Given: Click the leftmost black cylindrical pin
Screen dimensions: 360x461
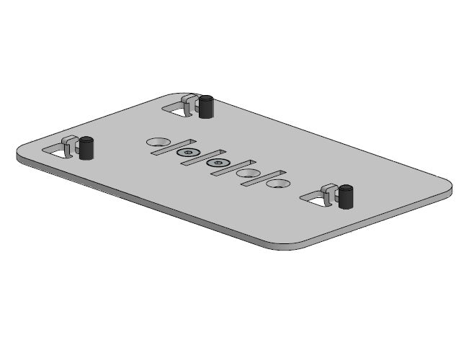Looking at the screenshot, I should point(87,148).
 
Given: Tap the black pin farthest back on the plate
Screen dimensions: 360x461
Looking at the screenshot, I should point(207,107).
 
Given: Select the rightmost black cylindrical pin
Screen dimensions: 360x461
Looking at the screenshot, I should point(346,196).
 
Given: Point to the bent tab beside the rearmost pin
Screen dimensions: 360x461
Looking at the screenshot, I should point(190,104).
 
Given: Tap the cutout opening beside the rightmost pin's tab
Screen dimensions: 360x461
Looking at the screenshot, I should point(315,199).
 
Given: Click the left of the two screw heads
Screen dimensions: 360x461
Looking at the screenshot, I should point(188,153).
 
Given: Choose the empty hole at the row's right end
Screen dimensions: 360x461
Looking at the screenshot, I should point(277,184).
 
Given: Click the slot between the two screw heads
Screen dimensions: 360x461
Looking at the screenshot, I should point(200,158).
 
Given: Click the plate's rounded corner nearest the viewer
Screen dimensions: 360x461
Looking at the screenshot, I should point(288,245).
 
